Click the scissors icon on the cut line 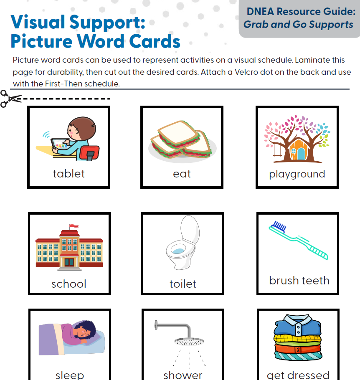coord(11,99)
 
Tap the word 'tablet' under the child coord(69,174)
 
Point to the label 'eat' coord(182,174)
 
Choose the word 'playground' coord(297,174)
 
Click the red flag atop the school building coord(74,226)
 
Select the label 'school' coord(69,284)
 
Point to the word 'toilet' coord(183,284)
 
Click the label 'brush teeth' coord(299,280)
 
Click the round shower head coord(189,341)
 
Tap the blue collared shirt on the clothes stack coord(298,325)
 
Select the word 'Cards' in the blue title coord(155,41)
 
